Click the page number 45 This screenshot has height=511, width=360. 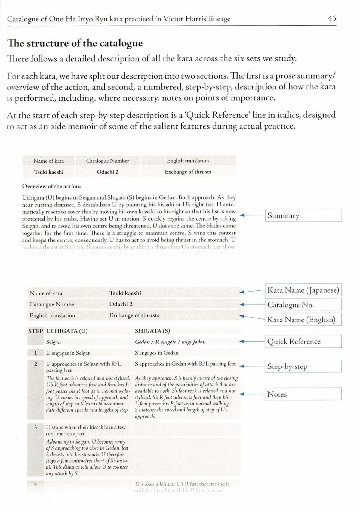click(332, 18)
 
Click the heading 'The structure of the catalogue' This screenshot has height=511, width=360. click(75, 43)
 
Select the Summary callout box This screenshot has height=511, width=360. click(303, 215)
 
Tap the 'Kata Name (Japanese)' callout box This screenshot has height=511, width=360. click(303, 290)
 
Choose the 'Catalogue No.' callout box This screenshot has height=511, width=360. click(303, 305)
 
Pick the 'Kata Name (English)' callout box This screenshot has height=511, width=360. click(303, 319)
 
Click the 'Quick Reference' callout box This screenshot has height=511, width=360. click(303, 341)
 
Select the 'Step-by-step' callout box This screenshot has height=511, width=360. click(303, 366)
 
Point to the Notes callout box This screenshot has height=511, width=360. click(303, 394)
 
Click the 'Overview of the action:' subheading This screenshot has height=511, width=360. click(51, 186)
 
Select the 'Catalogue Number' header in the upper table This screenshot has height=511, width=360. click(107, 161)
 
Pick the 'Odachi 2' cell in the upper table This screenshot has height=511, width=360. click(107, 172)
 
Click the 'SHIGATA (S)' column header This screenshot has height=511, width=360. click(152, 331)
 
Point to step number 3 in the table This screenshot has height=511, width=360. click(35, 427)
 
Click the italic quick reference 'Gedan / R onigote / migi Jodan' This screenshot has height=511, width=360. click(170, 342)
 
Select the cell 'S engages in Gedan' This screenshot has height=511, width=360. click(156, 353)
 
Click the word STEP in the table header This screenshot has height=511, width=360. click(35, 331)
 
